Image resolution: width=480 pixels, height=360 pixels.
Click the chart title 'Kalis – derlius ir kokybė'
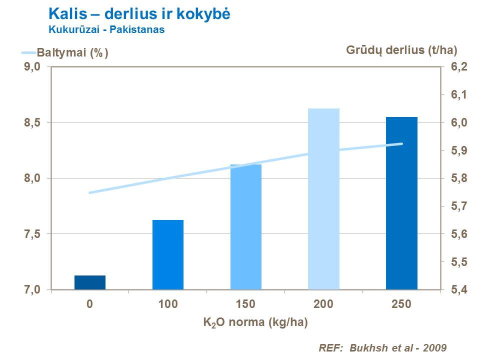pyautogui.click(x=139, y=13)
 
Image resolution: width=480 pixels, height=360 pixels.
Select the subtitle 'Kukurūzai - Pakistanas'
pyautogui.click(x=106, y=29)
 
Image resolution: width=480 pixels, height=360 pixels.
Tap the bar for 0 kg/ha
pyautogui.click(x=90, y=282)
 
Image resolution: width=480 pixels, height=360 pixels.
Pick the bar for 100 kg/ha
pyautogui.click(x=168, y=255)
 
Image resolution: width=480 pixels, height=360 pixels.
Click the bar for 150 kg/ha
pyautogui.click(x=246, y=227)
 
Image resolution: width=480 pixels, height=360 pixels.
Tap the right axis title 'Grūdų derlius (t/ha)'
pyautogui.click(x=401, y=49)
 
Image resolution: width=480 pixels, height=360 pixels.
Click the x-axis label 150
pyautogui.click(x=246, y=304)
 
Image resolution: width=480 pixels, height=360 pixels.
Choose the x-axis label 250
pyautogui.click(x=401, y=304)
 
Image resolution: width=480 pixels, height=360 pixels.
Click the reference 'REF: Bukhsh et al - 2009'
pyautogui.click(x=382, y=347)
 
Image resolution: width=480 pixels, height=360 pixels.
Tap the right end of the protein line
pyautogui.click(x=401, y=144)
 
